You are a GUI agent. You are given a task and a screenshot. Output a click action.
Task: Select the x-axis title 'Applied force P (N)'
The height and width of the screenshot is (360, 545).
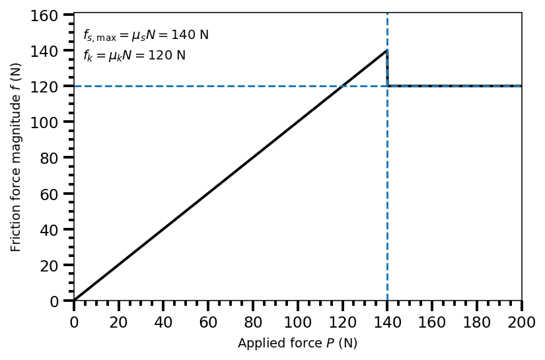[x=297, y=343]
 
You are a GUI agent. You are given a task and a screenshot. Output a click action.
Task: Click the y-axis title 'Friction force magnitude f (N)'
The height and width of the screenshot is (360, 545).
[x=16, y=157]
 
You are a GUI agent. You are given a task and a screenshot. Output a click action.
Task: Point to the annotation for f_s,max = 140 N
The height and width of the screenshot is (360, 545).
[x=146, y=36]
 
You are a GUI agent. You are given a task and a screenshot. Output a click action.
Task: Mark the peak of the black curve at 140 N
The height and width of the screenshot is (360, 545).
[x=387, y=50]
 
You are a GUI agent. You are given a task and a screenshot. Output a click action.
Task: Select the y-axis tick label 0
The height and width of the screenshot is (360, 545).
[x=57, y=301]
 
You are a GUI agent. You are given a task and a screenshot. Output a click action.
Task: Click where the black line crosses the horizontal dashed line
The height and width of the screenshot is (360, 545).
[x=342, y=86]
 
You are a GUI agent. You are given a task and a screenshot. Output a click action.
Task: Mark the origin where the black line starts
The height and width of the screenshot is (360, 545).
[x=74, y=301]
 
